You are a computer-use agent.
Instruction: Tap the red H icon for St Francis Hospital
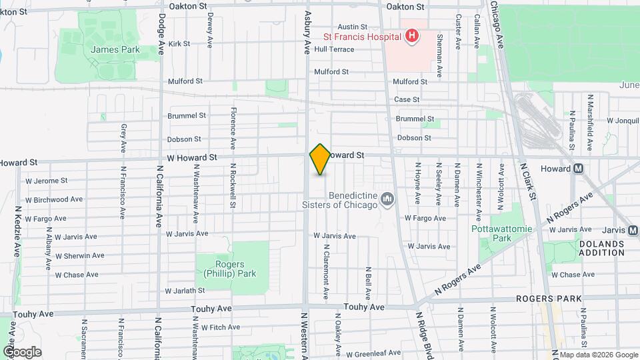tap(413, 35)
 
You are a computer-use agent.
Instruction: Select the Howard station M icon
tap(579, 168)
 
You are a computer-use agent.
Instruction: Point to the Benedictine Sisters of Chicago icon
tap(387, 199)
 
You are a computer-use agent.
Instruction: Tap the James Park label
tap(106, 49)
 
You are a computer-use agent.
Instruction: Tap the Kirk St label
tap(180, 44)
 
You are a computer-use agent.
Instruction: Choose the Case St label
tap(407, 99)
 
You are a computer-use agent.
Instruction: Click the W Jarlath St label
tap(185, 291)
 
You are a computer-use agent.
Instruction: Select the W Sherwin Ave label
tap(79, 255)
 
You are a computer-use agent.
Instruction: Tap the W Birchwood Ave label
tap(53, 199)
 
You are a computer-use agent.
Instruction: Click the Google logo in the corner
tap(22, 351)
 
